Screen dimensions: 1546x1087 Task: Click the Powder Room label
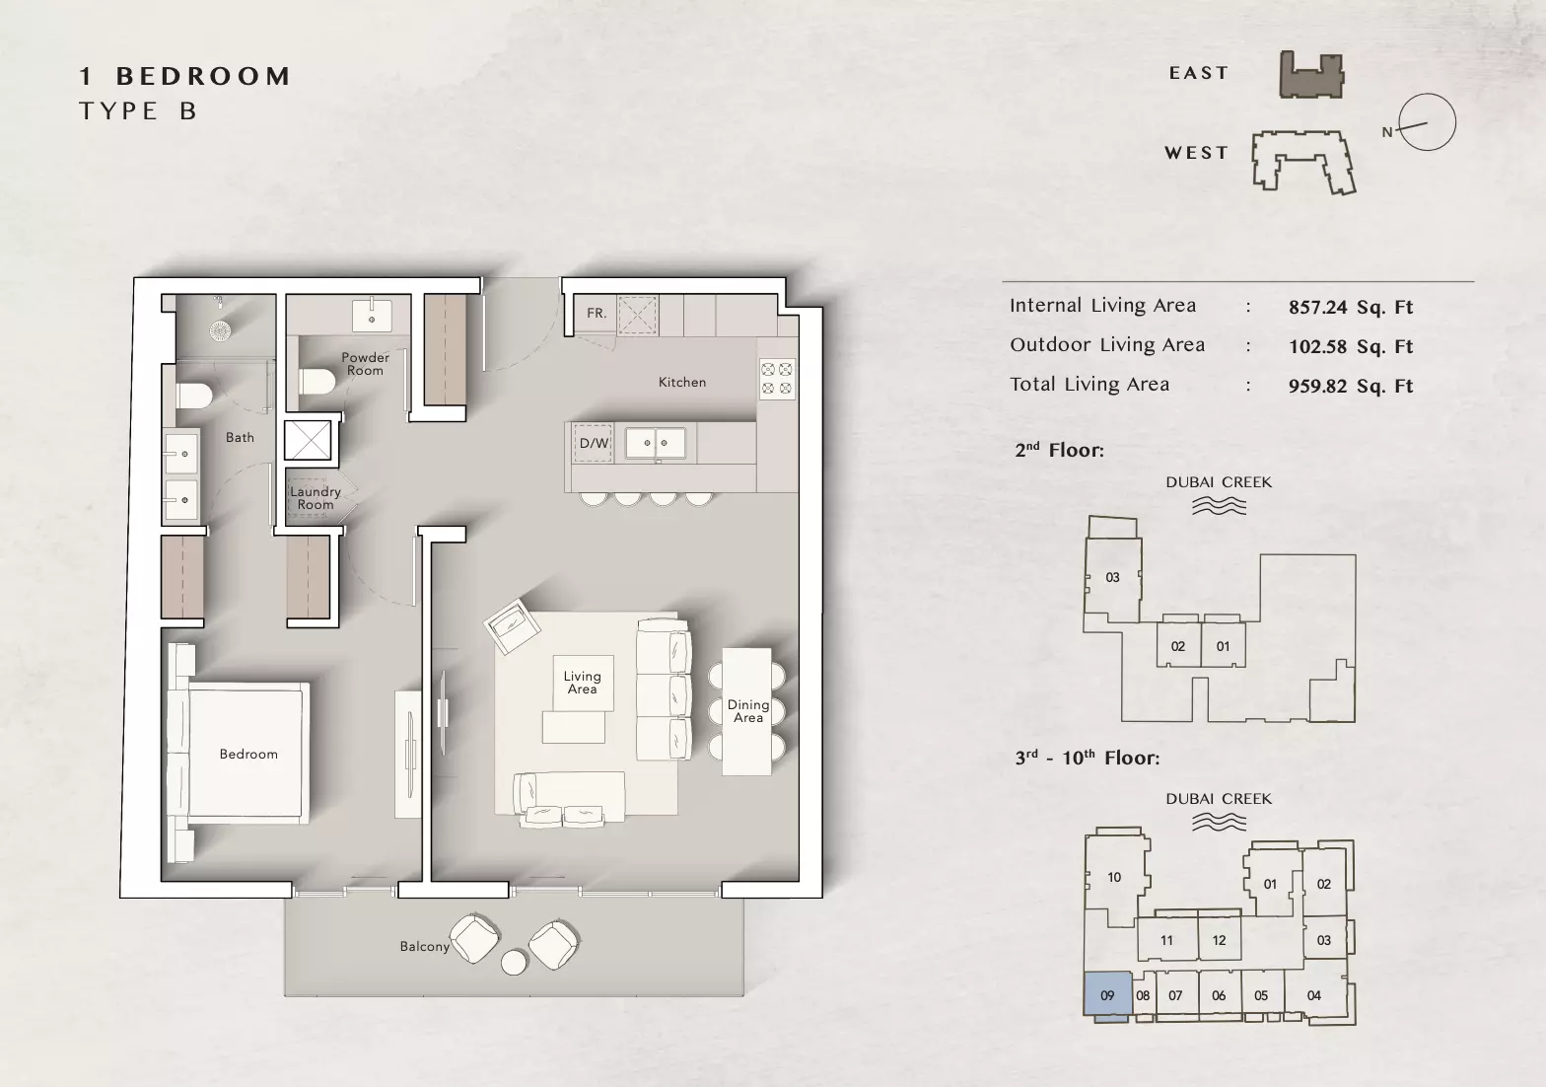tap(365, 364)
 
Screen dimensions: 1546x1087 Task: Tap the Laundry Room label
tap(316, 498)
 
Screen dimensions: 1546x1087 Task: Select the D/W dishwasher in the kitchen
tap(594, 443)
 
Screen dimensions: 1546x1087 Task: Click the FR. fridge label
tap(597, 313)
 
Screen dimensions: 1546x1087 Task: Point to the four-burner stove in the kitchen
tap(777, 379)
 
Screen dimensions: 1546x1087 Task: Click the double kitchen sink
tap(656, 443)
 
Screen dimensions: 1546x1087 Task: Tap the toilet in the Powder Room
tap(316, 381)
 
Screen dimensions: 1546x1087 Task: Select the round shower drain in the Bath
tap(220, 330)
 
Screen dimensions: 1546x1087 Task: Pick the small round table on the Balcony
tap(514, 963)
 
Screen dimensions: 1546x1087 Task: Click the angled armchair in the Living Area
tap(512, 625)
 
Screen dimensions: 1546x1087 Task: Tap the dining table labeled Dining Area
tap(746, 711)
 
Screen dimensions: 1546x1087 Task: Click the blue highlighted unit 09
tap(1107, 995)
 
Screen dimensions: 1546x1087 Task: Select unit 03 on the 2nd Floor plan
tap(1112, 577)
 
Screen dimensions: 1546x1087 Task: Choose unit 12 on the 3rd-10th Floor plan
tap(1219, 940)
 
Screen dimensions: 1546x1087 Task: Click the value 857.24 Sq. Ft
tap(1351, 307)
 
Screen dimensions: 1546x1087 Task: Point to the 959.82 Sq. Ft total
tap(1351, 386)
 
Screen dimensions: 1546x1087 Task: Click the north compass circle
tap(1427, 122)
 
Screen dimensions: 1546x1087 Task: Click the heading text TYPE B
tap(139, 111)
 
